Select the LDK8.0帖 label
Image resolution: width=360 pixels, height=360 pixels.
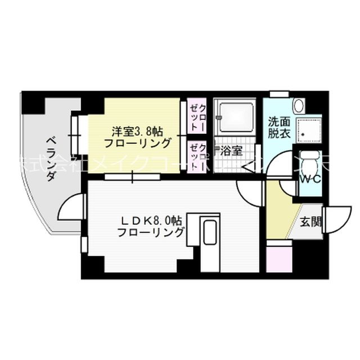[x=150, y=219]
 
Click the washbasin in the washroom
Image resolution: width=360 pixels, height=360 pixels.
[x=299, y=105]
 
